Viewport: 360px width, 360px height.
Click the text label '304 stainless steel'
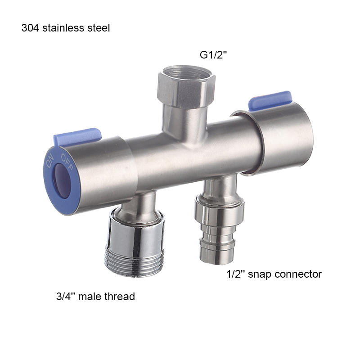pos(66,28)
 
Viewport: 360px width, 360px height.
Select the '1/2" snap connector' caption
pos(274,274)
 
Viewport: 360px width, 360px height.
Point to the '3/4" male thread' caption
pos(95,296)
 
